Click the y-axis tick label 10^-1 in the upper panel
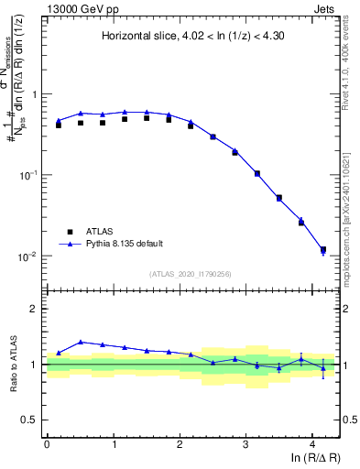click(x=27, y=175)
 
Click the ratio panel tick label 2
click(x=34, y=309)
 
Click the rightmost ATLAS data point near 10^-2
click(x=322, y=249)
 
